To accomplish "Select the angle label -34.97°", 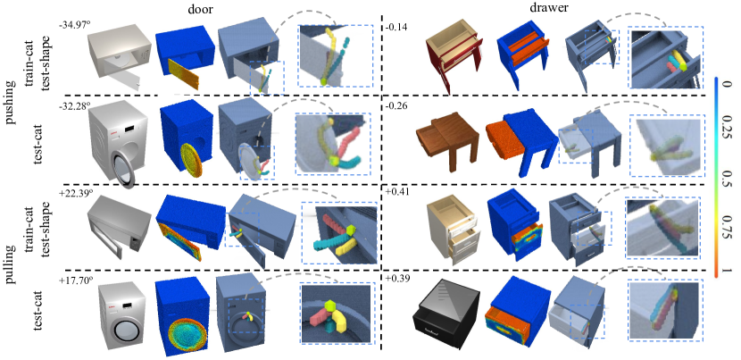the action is [74, 26].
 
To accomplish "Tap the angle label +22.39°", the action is [75, 193].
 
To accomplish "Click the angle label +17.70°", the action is [75, 280].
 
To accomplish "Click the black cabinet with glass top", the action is [445, 313].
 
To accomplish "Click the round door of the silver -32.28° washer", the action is [123, 168].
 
